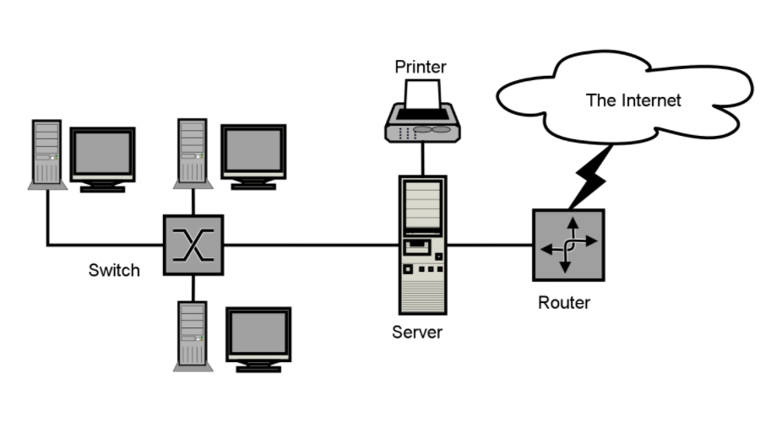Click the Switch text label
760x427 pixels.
pyautogui.click(x=114, y=271)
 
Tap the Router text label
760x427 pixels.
pyautogui.click(x=564, y=302)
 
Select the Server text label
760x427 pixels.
pyautogui.click(x=417, y=332)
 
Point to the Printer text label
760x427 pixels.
pyautogui.click(x=421, y=66)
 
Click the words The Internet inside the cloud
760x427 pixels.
pyautogui.click(x=633, y=100)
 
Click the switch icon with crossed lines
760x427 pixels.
pyautogui.click(x=193, y=245)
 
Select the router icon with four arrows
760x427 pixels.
pyautogui.click(x=568, y=245)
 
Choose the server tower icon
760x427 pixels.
pyautogui.click(x=422, y=245)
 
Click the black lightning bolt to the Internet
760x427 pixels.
pyautogui.click(x=591, y=177)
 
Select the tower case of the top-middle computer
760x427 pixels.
pyautogui.click(x=193, y=152)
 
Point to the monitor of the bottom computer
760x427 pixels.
pyautogui.click(x=258, y=335)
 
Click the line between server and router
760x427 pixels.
pyautogui.click(x=490, y=246)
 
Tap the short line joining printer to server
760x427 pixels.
pyautogui.click(x=421, y=159)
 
